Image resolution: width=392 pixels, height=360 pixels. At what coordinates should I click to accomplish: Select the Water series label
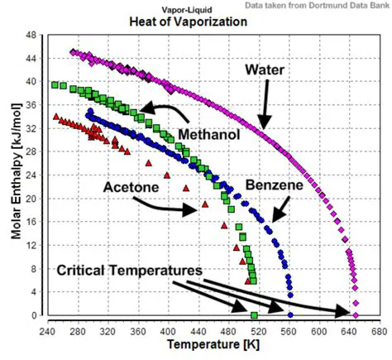point(265,70)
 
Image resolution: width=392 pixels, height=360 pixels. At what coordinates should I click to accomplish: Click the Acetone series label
point(131,187)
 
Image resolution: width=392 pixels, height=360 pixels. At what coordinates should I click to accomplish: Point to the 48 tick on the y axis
point(31,36)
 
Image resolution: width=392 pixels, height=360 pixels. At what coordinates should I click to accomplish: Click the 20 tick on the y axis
point(31,199)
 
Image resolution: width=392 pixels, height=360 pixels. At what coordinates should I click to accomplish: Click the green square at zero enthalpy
point(254,315)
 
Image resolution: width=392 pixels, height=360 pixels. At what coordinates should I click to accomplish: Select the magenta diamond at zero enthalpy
point(356,315)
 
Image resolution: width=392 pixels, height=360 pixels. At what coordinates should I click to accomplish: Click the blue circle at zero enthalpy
point(289,315)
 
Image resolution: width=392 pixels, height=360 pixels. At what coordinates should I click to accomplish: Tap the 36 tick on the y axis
point(31,105)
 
